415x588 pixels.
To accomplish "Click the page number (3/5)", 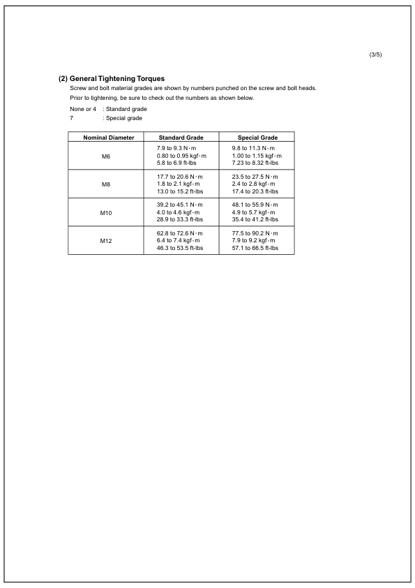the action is tap(375, 55).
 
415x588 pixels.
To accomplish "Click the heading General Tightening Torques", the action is tap(117, 78).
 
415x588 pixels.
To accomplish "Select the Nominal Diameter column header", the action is tap(106, 138).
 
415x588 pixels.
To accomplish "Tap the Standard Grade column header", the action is tap(181, 138).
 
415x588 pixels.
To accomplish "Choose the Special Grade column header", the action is tap(257, 138).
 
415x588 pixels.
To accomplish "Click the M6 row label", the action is tap(106, 156).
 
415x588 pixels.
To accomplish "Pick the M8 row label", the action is tap(106, 184).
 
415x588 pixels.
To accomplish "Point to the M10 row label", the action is tap(106, 212).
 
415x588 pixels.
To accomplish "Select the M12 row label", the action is tap(106, 240).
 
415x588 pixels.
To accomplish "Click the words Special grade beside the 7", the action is tap(125, 118).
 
